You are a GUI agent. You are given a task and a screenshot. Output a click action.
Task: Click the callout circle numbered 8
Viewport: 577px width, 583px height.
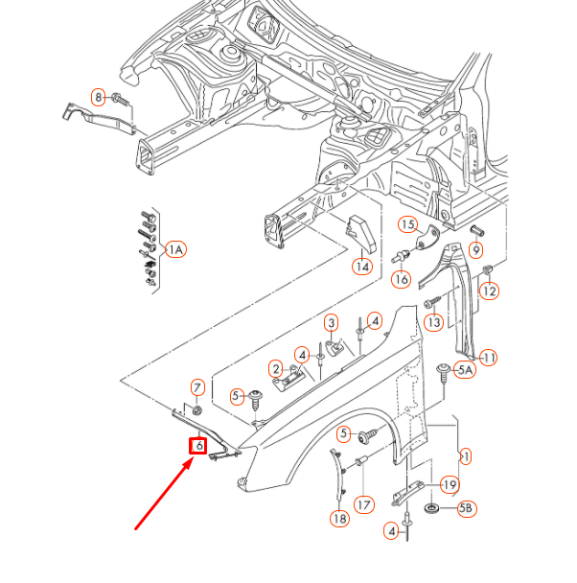click(99, 97)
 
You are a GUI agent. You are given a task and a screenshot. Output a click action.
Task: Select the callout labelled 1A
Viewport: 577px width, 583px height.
click(175, 250)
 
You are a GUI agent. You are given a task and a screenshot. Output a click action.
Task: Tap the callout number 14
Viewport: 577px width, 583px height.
click(361, 267)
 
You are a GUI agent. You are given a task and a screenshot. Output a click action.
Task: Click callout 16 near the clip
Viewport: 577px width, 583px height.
click(401, 279)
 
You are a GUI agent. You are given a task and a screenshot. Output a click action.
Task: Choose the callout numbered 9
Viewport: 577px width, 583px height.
click(476, 250)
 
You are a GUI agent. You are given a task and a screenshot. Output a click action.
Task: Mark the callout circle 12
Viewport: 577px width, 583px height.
click(490, 291)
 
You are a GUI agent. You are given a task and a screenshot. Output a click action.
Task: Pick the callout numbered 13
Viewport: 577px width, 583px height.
click(434, 323)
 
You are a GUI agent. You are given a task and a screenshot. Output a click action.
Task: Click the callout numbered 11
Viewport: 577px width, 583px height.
click(489, 358)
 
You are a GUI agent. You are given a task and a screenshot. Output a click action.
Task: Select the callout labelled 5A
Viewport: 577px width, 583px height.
click(466, 370)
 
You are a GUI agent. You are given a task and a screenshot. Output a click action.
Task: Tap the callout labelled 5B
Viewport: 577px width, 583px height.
click(466, 508)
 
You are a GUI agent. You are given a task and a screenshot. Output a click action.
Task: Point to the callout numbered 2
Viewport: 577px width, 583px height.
click(275, 369)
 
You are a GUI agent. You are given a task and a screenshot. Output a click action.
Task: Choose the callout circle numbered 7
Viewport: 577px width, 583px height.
click(198, 387)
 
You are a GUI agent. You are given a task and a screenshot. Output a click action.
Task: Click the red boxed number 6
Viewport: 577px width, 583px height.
click(198, 446)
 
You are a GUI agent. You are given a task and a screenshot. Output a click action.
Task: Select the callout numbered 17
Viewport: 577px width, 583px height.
click(363, 503)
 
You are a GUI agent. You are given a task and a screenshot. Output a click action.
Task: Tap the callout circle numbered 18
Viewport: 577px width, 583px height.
click(339, 519)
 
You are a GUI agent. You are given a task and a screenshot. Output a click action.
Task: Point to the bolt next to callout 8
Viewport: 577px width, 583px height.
click(120, 98)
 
